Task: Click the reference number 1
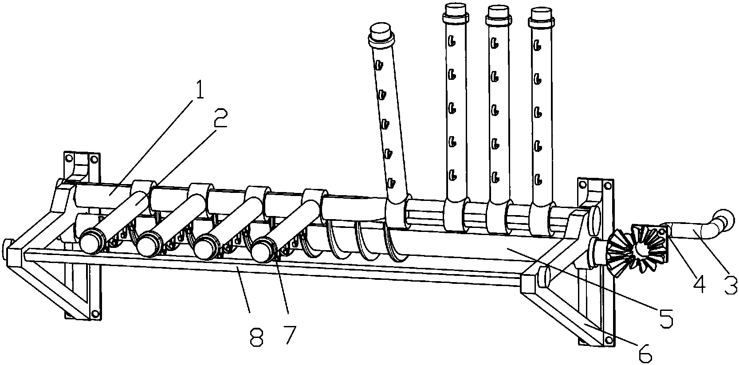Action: tap(198, 87)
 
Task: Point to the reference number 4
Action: tap(699, 283)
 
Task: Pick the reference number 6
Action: tap(645, 353)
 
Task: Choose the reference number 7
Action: tap(290, 335)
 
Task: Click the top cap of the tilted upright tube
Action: tap(381, 34)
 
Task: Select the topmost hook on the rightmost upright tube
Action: tap(538, 46)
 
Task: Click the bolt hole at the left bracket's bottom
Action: tap(95, 313)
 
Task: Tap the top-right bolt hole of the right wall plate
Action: tap(607, 186)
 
